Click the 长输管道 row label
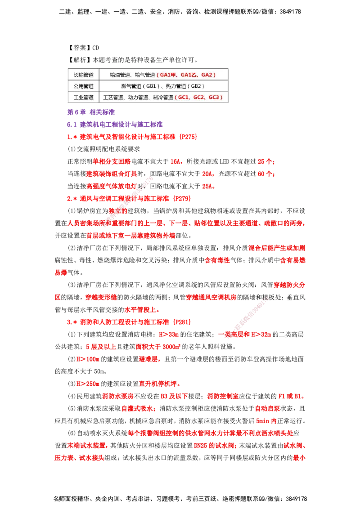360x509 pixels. (x=83, y=75)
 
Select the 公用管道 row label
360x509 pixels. (x=83, y=86)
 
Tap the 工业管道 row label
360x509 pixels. (x=83, y=97)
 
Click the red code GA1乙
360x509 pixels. (x=190, y=75)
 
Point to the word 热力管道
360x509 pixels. (x=174, y=86)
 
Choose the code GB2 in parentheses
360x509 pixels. (x=195, y=86)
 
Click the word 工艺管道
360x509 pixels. (x=113, y=97)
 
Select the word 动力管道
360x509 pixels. (x=138, y=97)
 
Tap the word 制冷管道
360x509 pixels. (x=162, y=97)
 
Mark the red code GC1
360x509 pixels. (x=184, y=97)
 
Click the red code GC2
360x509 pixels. (x=199, y=97)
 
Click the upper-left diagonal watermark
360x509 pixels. (x=128, y=202)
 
